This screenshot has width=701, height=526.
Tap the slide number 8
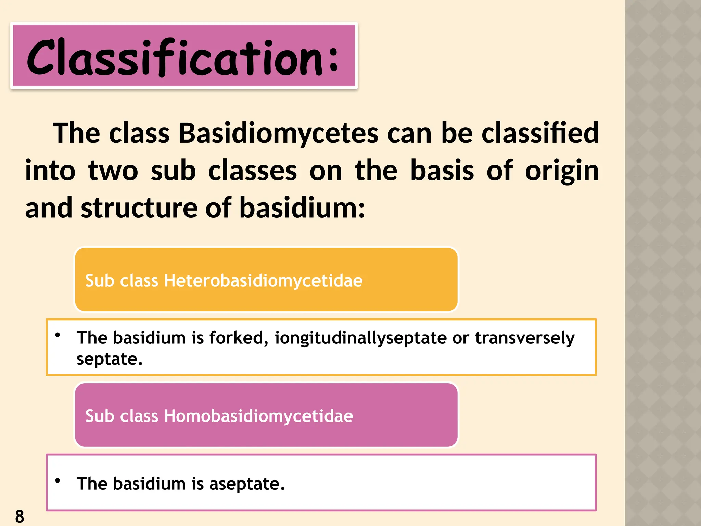pyautogui.click(x=20, y=516)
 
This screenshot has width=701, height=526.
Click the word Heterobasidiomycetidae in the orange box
pyautogui.click(x=263, y=280)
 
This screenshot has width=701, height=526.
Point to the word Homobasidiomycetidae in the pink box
pyautogui.click(x=258, y=416)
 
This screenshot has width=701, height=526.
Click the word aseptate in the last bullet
pyautogui.click(x=247, y=484)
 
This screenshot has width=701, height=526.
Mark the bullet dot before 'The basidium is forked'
pyautogui.click(x=58, y=335)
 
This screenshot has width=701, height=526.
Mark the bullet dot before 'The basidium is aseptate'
pyautogui.click(x=58, y=480)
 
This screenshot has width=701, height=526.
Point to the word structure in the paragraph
pyautogui.click(x=139, y=208)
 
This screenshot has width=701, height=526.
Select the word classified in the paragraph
pyautogui.click(x=540, y=134)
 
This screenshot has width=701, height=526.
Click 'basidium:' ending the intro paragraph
pyautogui.click(x=302, y=208)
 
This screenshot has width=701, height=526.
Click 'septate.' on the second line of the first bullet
pyautogui.click(x=109, y=360)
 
